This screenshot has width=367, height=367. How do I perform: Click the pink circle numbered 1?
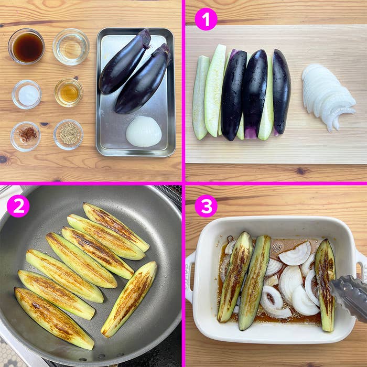coord(206,19)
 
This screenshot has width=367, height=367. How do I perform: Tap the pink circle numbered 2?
coord(18,206)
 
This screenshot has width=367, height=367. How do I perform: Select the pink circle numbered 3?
coord(206,206)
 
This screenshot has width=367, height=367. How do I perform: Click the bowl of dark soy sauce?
coord(26,47)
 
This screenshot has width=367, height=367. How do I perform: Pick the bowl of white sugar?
coord(27,95)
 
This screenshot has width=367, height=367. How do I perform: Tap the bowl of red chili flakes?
coord(26,135)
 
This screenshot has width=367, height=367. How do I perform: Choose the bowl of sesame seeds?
coord(68,134)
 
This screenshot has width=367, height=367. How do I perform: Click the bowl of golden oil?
coord(69,93)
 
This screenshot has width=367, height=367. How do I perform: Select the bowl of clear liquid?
coord(71,47)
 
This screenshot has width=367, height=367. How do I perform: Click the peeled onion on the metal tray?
coord(144,132)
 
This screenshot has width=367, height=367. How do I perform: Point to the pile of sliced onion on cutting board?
coord(327,96)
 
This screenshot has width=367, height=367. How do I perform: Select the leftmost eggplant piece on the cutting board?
coord(200,98)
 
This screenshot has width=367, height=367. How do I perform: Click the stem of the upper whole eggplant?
coord(145,38)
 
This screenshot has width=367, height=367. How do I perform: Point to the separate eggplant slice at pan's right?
coord(129,298)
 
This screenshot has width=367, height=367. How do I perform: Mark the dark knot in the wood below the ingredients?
coord(4,159)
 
